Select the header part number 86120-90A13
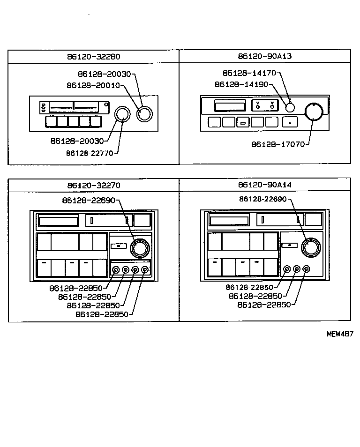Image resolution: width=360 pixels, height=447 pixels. pos(264,56)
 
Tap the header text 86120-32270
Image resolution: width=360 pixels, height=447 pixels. pos(93,185)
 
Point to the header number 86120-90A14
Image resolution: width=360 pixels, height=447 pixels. pos(264,185)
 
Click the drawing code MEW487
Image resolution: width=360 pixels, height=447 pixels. pos(339,334)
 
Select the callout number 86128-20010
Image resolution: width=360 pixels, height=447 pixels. pos(93,85)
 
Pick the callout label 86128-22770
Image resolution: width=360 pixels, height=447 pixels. pos(89,153)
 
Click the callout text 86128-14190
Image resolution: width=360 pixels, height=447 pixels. pos(241,84)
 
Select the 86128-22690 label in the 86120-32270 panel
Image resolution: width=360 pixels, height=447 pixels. pos(89,200)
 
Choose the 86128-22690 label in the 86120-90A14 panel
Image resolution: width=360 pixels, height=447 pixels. pos(262,199)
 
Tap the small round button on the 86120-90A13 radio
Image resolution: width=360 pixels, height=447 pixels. pos(290,107)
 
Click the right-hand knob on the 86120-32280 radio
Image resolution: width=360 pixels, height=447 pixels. pos(144,114)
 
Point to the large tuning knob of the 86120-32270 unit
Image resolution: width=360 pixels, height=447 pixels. pos(139,248)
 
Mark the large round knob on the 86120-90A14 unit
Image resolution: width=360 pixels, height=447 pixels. pos(310,247)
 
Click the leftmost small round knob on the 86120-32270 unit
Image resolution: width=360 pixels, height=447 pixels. pos(116,270)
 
